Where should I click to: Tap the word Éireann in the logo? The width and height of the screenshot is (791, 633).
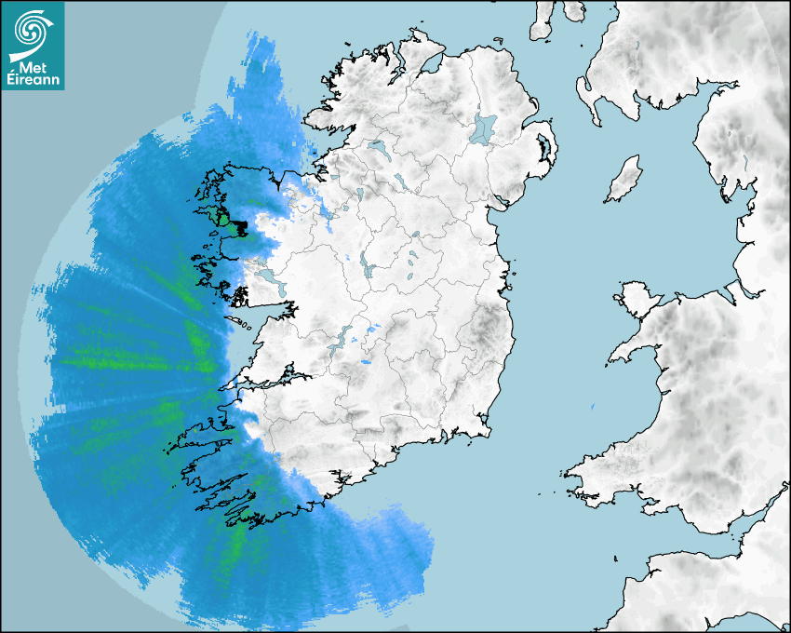(34, 80)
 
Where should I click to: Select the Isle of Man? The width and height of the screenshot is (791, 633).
(624, 179)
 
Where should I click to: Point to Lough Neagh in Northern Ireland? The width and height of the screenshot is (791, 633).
(484, 128)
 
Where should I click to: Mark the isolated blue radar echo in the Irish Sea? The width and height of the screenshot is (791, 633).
(593, 407)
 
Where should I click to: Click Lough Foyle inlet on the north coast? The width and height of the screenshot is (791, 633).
(430, 64)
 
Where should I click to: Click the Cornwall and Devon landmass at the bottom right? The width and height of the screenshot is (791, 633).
(707, 596)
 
